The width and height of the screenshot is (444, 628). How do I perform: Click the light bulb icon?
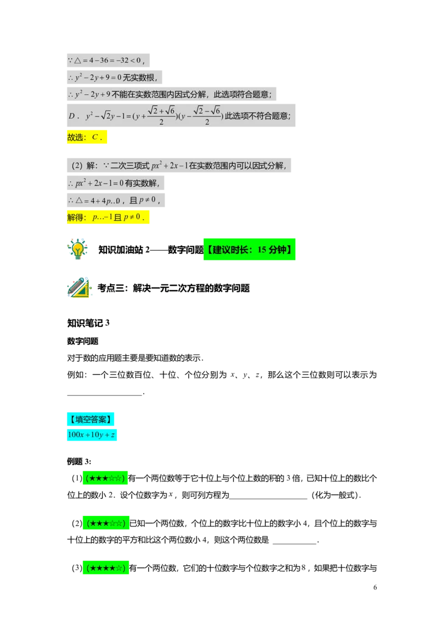pyautogui.click(x=78, y=248)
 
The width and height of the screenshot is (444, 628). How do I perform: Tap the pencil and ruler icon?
pyautogui.click(x=79, y=288)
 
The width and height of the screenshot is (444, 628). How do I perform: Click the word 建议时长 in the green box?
pyautogui.click(x=229, y=250)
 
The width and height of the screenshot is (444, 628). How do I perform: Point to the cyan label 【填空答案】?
pyautogui.click(x=91, y=419)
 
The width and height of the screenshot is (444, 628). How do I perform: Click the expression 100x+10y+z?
pyautogui.click(x=92, y=435)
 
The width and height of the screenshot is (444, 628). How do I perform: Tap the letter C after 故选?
pyautogui.click(x=95, y=138)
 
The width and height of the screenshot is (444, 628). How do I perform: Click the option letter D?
pyautogui.click(x=71, y=116)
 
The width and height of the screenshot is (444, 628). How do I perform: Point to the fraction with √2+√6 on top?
pyautogui.click(x=161, y=115)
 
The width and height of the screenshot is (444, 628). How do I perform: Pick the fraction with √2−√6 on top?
pyautogui.click(x=206, y=115)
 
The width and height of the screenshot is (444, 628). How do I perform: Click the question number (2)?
pyautogui.click(x=77, y=165)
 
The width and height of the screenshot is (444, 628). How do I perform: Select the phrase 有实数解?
pyautogui.click(x=142, y=183)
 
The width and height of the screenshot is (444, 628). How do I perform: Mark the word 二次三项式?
pyautogui.click(x=130, y=165)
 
